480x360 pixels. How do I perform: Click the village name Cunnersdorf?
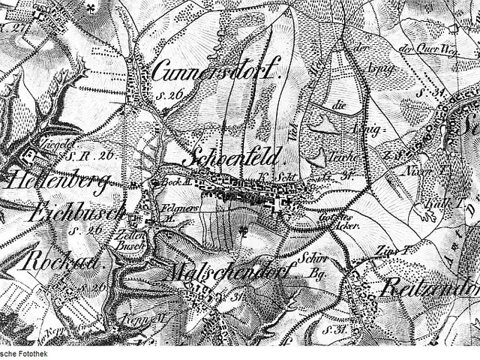click(216, 72)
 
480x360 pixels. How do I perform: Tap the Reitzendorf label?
click(432, 286)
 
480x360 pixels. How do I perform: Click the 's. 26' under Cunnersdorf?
click(171, 94)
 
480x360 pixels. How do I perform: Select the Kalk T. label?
click(436, 202)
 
